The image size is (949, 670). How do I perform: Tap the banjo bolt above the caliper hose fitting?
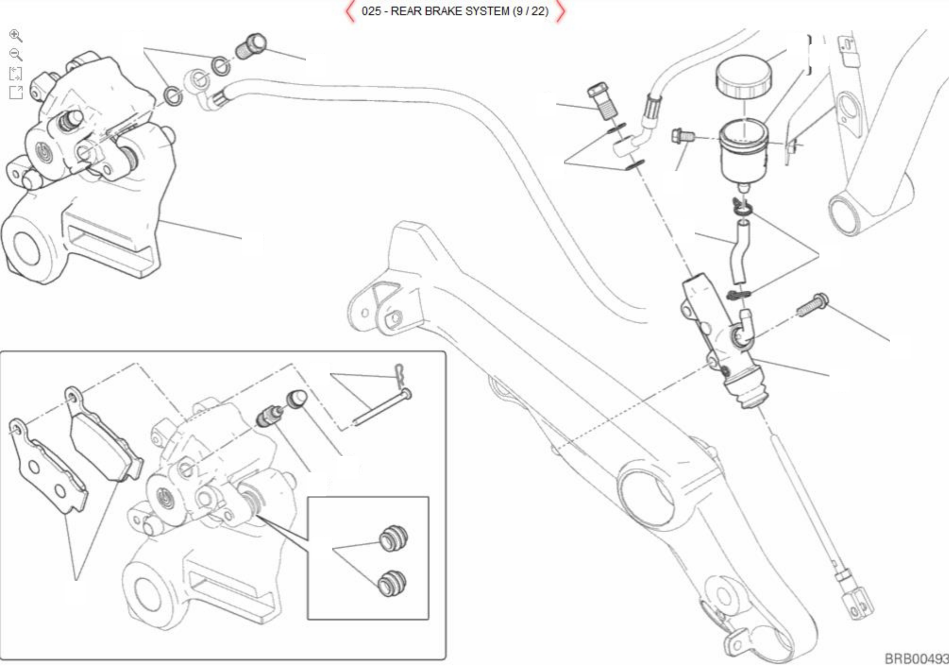[x=251, y=46]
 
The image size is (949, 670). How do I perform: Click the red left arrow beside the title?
[x=351, y=11]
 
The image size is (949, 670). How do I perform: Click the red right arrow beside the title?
[x=560, y=11]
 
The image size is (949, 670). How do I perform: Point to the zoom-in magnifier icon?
[x=16, y=36]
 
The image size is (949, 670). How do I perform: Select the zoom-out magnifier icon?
[x=16, y=54]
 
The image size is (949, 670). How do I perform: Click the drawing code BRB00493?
[x=916, y=659]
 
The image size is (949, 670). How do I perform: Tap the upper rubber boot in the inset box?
[x=393, y=539]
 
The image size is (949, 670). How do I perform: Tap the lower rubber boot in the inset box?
[x=392, y=583]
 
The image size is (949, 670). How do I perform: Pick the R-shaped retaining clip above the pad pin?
[x=400, y=373]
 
